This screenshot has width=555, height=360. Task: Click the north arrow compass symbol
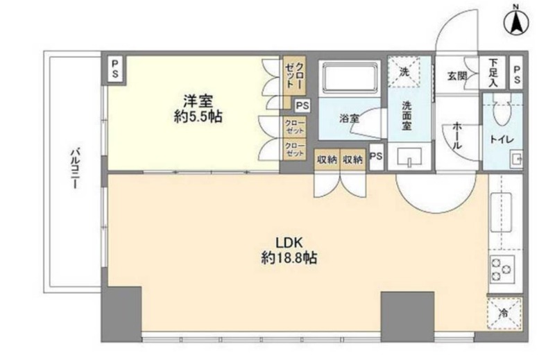click(516, 22)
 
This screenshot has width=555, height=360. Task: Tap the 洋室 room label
click(198, 101)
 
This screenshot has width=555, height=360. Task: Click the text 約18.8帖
click(289, 258)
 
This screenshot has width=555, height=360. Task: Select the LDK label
click(289, 243)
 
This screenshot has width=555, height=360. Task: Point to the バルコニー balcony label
click(74, 168)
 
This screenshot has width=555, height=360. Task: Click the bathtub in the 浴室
click(350, 78)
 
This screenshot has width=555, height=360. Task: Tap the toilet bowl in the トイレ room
click(502, 112)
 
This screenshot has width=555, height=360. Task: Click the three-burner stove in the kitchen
click(502, 269)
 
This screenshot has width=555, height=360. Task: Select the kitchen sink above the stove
click(501, 212)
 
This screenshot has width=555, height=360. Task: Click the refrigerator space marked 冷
click(504, 314)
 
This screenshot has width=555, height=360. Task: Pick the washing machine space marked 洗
click(404, 71)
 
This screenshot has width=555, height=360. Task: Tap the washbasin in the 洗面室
click(409, 157)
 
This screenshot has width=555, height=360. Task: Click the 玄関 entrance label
click(456, 76)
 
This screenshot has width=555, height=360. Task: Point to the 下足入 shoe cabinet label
click(493, 73)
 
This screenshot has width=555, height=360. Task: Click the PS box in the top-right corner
click(516, 73)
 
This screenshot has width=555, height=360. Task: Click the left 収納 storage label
click(327, 160)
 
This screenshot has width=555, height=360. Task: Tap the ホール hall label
click(456, 135)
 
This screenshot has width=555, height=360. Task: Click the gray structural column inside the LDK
click(407, 316)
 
